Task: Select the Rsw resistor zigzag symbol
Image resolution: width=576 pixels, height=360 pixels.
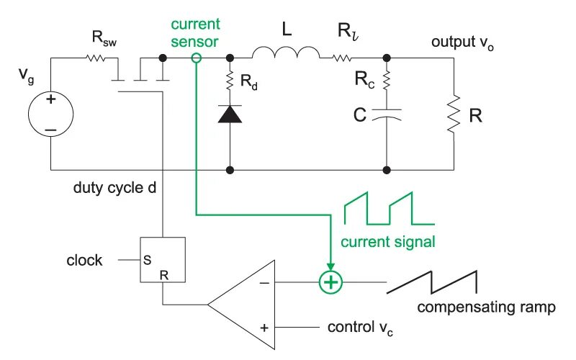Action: (x=96, y=58)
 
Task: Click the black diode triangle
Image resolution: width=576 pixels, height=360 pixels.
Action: (x=230, y=114)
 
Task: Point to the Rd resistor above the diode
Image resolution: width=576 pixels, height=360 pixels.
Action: (x=230, y=81)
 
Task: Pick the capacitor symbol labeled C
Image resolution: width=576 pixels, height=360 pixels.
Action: (x=387, y=114)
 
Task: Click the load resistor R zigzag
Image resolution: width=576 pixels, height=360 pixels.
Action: (x=454, y=114)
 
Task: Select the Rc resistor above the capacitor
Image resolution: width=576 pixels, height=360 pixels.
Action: (x=387, y=81)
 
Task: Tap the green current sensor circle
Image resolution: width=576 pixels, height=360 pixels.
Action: (x=197, y=58)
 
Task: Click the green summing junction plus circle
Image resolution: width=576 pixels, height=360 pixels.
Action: (x=330, y=282)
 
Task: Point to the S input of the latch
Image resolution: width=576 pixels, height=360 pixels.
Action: (x=148, y=260)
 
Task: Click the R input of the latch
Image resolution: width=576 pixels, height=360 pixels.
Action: (x=164, y=275)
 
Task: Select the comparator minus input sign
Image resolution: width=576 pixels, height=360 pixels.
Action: (x=264, y=283)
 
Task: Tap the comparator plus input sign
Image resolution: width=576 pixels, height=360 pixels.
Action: (x=264, y=328)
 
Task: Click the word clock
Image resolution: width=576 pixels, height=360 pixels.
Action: (x=84, y=260)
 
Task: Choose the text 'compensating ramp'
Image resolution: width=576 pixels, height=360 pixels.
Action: (x=486, y=307)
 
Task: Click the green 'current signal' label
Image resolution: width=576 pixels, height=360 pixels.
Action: (x=388, y=242)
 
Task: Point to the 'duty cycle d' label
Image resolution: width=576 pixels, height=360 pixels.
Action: (x=114, y=188)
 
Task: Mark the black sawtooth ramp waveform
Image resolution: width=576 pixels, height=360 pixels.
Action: (x=432, y=282)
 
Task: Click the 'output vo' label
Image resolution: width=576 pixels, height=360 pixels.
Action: (x=462, y=43)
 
